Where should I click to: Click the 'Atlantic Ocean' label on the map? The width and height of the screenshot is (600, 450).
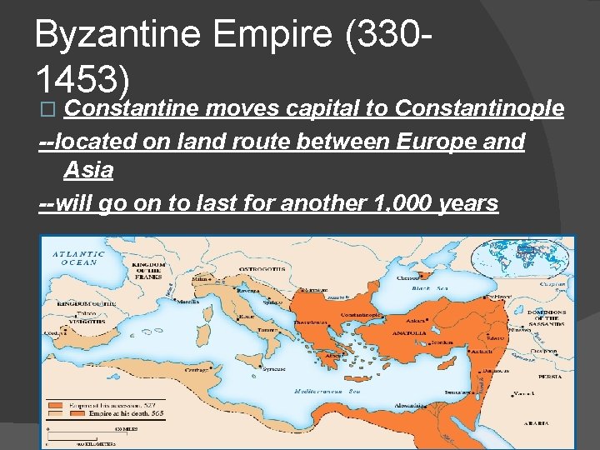79,257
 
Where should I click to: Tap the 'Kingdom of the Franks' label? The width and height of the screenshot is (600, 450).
149,272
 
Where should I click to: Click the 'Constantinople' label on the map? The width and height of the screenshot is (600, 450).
361,316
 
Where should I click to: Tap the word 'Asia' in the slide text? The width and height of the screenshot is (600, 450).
88,172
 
